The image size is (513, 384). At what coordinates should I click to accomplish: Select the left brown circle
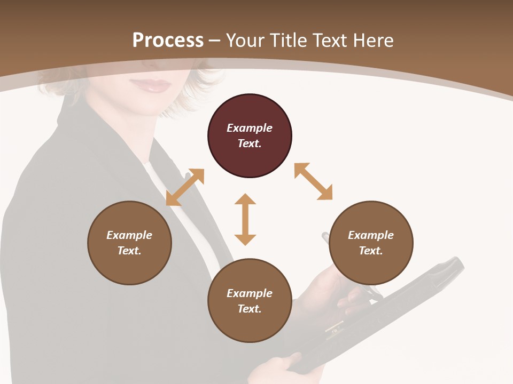pyautogui.click(x=129, y=243)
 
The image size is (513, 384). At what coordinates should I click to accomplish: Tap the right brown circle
pyautogui.click(x=371, y=243)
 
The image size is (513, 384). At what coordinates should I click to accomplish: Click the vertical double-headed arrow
pyautogui.click(x=245, y=219)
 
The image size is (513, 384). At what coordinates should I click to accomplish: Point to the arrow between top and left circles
pyautogui.click(x=185, y=187)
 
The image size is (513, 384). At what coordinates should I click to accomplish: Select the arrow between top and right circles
pyautogui.click(x=313, y=181)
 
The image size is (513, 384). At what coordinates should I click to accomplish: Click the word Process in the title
pyautogui.click(x=168, y=40)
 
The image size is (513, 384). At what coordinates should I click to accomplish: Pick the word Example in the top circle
pyautogui.click(x=250, y=128)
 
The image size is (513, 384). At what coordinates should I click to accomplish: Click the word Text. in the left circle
pyautogui.click(x=129, y=251)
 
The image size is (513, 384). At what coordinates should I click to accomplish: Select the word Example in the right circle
pyautogui.click(x=371, y=235)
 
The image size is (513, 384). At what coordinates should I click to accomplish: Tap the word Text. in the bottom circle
pyautogui.click(x=250, y=309)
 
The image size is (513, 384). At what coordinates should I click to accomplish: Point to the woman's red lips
pyautogui.click(x=153, y=85)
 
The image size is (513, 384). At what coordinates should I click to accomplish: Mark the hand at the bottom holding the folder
pyautogui.click(x=278, y=368)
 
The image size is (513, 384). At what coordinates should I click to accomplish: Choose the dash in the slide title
pyautogui.click(x=215, y=41)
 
